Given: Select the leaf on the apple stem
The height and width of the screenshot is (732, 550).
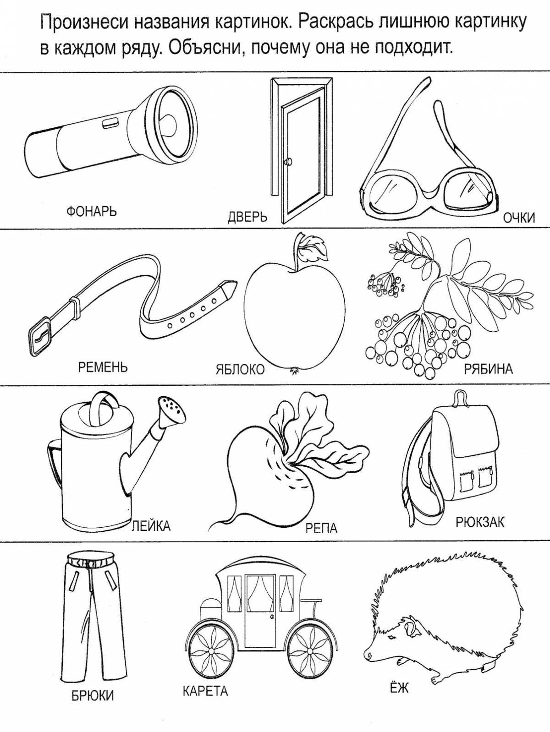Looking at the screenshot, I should coord(314,247).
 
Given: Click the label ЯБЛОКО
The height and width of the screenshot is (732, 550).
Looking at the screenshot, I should coord(240,369).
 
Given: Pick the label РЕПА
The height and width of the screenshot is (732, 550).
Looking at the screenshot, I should coord(321,528).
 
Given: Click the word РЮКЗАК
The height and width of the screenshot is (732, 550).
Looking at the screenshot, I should coord(480,521).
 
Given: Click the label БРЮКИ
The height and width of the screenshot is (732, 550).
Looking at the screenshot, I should coord(92,696).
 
